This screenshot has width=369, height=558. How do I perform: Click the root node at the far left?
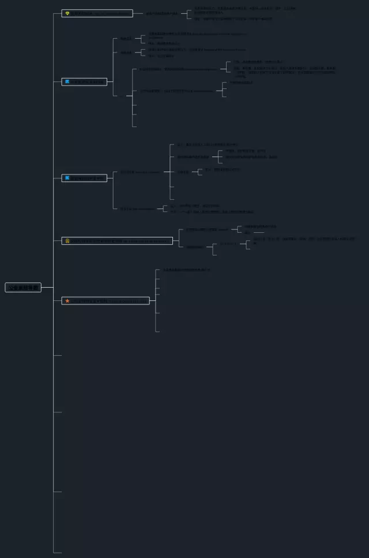[23, 287]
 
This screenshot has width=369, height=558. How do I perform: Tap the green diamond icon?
[67, 13]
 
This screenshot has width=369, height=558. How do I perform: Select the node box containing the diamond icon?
[97, 13]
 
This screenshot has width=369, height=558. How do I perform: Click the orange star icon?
[67, 300]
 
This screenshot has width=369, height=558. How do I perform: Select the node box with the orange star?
[106, 300]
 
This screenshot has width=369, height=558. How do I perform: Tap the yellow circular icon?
[67, 240]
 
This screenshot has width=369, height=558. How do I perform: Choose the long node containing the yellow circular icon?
[117, 240]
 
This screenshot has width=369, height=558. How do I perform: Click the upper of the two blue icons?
[67, 81]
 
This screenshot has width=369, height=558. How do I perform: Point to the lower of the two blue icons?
[67, 178]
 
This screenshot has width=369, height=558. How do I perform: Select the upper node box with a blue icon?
[84, 81]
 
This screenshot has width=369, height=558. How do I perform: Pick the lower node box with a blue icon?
[84, 178]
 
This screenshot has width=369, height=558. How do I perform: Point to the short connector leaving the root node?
[47, 287]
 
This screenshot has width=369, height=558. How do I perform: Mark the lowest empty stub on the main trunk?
[57, 552]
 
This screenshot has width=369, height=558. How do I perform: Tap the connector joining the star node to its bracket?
[153, 300]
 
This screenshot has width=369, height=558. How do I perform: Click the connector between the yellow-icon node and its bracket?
[176, 240]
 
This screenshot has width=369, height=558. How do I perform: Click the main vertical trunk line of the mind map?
[54, 404]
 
